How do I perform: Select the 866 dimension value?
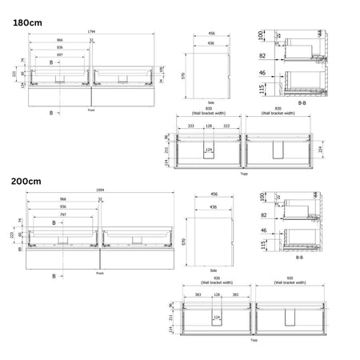(59, 39)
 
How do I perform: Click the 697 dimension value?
(58, 55)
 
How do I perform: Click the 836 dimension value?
(59, 47)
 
